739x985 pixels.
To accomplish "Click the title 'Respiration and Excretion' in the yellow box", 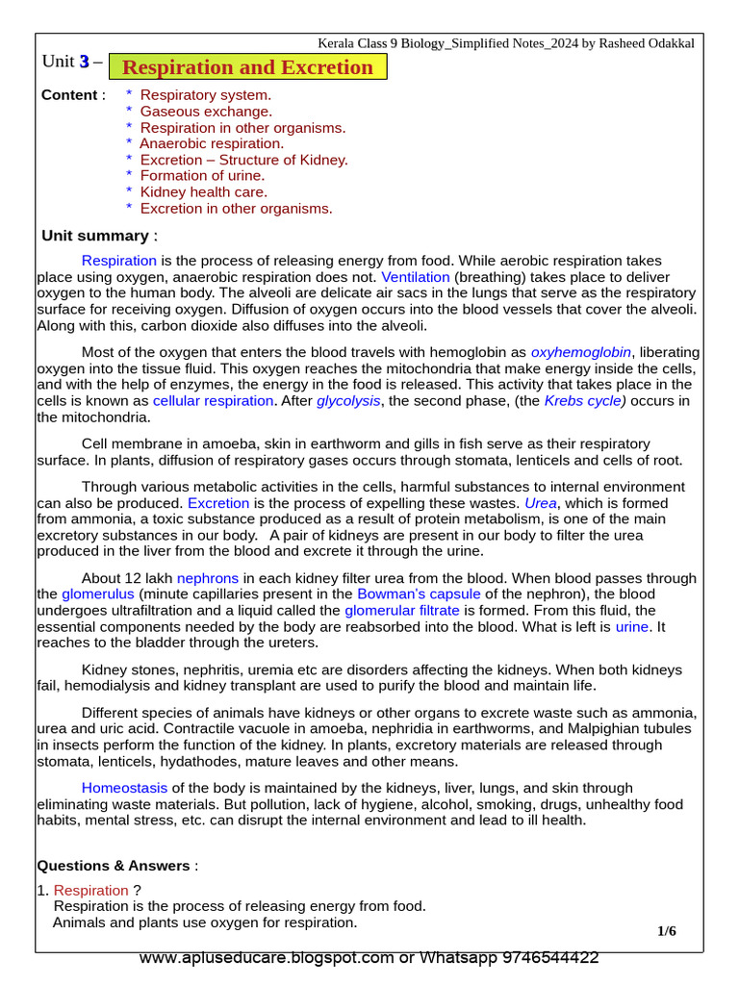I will pos(248,67).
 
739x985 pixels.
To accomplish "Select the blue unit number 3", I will pos(84,63).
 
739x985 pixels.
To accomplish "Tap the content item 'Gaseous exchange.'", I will pos(206,112).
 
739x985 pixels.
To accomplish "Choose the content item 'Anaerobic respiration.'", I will pos(212,143).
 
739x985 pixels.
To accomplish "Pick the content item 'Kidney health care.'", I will pos(203,191).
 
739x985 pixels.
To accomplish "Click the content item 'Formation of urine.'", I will pos(202,175).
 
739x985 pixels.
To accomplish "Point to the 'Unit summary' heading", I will pos(95,236).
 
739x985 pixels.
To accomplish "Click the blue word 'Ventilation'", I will pos(416,276).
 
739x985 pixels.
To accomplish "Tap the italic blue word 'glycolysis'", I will pos(348,400).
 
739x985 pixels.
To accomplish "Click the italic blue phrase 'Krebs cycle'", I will pos(583,400).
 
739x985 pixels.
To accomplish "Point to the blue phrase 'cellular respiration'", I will pos(213,400).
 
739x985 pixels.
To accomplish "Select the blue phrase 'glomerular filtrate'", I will pos(402,610).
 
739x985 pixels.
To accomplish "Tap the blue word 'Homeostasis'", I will pos(124,788).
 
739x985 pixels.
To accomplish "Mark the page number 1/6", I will pos(667,930).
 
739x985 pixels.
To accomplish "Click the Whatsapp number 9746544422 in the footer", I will pos(542,958).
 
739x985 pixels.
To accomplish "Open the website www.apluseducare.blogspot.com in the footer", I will pos(267,958).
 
